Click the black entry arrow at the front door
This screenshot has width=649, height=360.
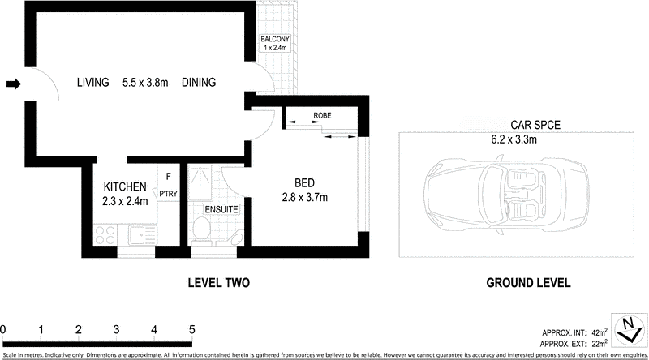click(x=12, y=83)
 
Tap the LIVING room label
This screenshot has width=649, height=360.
click(x=93, y=83)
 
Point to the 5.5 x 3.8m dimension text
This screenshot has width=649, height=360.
click(x=146, y=83)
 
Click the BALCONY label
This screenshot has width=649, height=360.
click(x=274, y=40)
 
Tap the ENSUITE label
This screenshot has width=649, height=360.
click(x=221, y=209)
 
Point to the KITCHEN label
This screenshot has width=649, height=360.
click(x=124, y=186)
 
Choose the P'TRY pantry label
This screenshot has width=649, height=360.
click(x=168, y=194)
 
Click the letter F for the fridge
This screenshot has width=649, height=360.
click(x=168, y=176)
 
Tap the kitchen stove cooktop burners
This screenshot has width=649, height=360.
click(x=105, y=236)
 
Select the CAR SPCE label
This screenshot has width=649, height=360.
click(x=535, y=125)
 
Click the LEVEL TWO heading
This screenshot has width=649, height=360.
click(x=217, y=283)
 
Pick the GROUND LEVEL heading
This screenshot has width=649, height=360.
click(x=528, y=283)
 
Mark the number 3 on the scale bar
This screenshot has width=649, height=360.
click(x=117, y=330)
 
